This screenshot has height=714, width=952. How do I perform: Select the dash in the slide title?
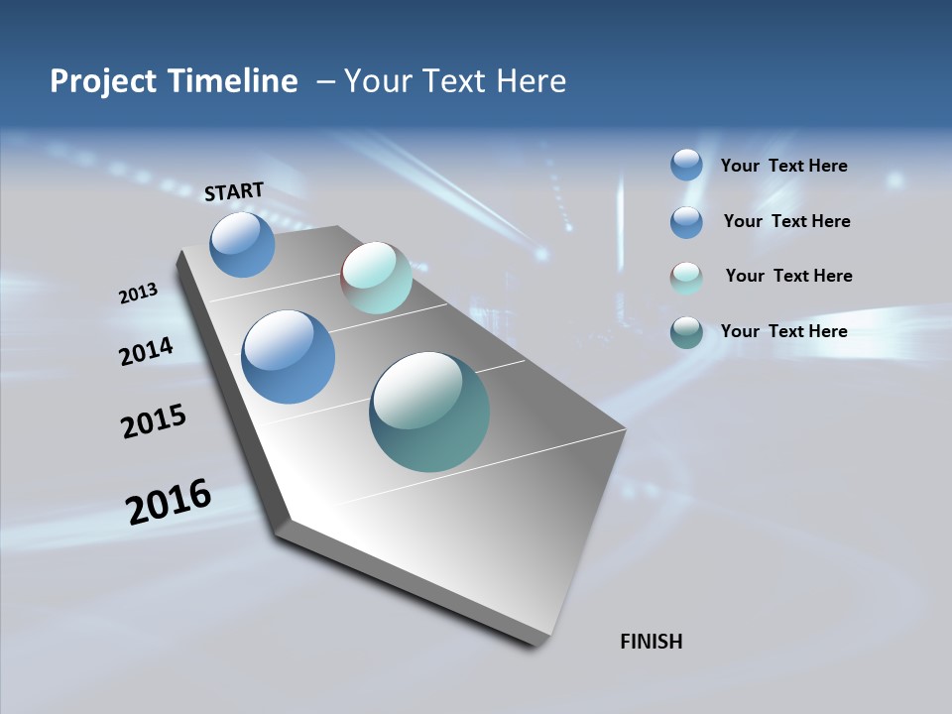click(x=325, y=81)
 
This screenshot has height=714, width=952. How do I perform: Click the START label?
click(x=234, y=191)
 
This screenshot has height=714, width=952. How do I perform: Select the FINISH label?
click(x=651, y=642)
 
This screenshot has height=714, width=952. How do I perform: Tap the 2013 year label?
click(x=139, y=294)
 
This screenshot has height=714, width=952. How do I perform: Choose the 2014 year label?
click(x=147, y=351)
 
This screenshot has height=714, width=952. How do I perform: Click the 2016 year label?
click(x=169, y=502)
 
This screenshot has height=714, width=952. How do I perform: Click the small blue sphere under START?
click(x=242, y=244)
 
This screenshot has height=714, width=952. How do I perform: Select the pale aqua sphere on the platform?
click(x=376, y=278)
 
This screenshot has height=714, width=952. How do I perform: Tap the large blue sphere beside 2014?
click(x=288, y=357)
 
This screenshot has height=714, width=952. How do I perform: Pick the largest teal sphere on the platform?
click(x=429, y=412)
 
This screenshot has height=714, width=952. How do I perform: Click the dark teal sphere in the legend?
click(x=686, y=332)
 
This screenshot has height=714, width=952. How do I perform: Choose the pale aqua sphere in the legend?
click(x=686, y=278)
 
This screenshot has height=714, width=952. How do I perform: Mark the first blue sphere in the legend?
click(x=686, y=165)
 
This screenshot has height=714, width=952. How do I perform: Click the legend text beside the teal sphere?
click(x=783, y=331)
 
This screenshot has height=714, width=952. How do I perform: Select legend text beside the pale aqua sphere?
click(x=788, y=276)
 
